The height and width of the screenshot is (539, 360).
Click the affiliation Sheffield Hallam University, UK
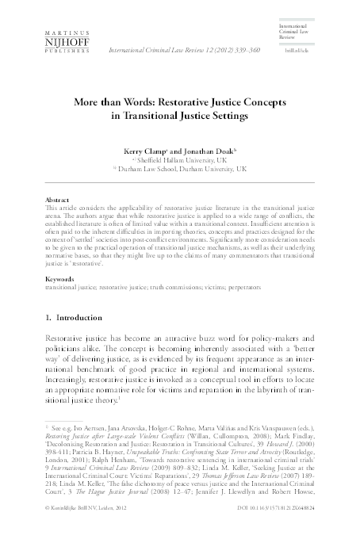[x=182, y=159]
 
